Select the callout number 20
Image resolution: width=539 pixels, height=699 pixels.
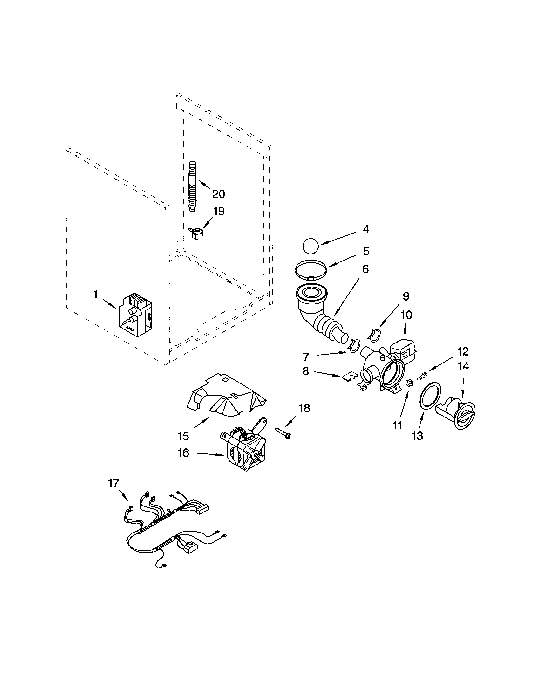click(219, 194)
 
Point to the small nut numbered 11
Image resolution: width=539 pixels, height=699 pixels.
click(409, 383)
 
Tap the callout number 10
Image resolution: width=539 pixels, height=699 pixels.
click(406, 315)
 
